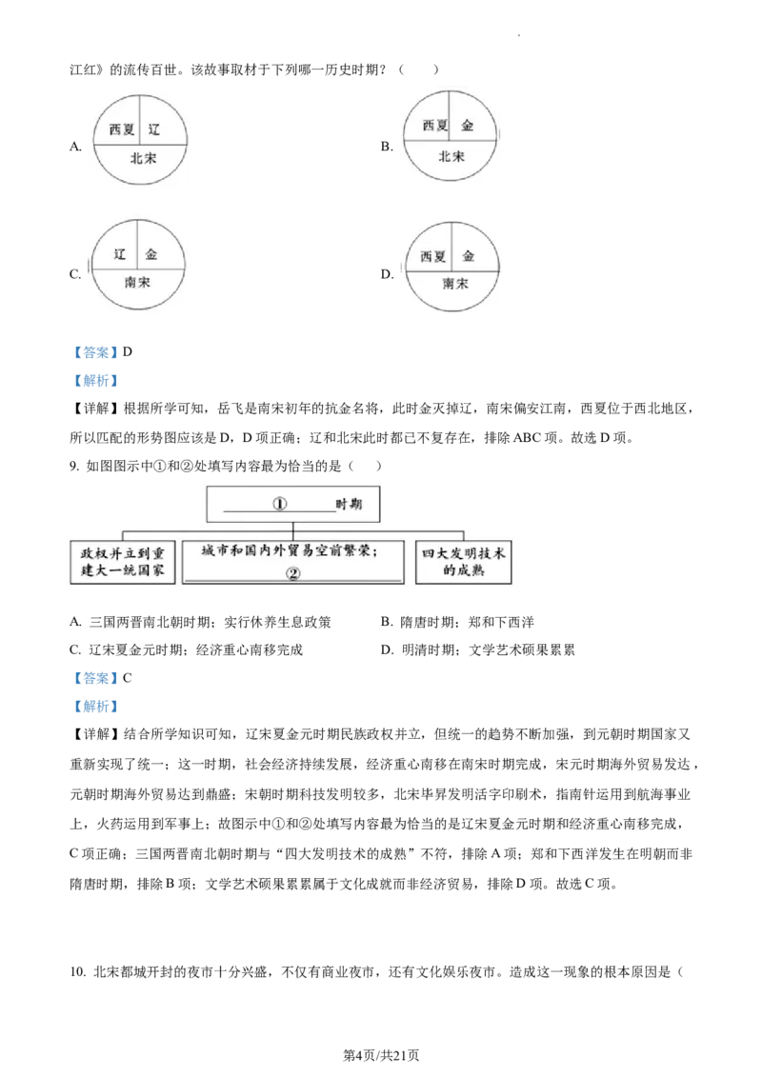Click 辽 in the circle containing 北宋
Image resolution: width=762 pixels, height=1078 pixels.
pos(155,128)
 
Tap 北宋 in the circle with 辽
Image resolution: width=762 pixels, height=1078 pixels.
pos(143,158)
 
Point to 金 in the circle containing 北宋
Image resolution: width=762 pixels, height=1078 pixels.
pos(467,126)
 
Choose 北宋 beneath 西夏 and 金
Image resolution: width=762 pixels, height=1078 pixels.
pos(451,156)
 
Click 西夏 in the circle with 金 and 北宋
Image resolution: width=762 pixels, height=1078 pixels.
pos(434,126)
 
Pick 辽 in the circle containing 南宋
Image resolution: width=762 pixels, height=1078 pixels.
pos(120,254)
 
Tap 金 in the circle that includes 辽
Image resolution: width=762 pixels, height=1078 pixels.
pos(152,255)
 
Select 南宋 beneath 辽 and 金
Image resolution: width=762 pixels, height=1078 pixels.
pos(137,282)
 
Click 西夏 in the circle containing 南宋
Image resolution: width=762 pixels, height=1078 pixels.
pos(433,256)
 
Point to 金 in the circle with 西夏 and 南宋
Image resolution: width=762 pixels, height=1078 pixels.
pos(468,256)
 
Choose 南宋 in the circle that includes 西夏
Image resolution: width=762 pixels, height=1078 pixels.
pos(454,284)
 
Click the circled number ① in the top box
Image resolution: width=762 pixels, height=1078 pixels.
pos(280,504)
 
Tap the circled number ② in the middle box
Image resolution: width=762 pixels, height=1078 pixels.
pos(292,573)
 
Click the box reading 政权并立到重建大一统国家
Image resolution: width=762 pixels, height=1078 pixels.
pos(123,562)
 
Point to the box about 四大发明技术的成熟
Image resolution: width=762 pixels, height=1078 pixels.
pos(464,562)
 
